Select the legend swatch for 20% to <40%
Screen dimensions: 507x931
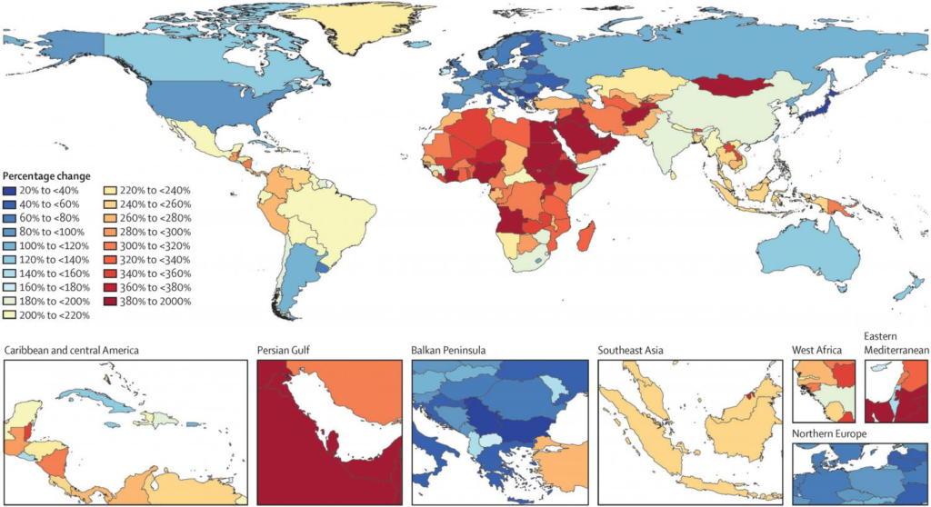click(x=10, y=191)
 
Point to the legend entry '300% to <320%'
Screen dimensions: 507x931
click(x=155, y=245)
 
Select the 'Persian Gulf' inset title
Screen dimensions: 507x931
click(x=287, y=350)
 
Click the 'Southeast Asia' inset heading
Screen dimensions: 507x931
click(x=633, y=350)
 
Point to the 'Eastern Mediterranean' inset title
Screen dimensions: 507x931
click(x=895, y=343)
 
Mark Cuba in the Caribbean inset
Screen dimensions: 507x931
click(x=91, y=396)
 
